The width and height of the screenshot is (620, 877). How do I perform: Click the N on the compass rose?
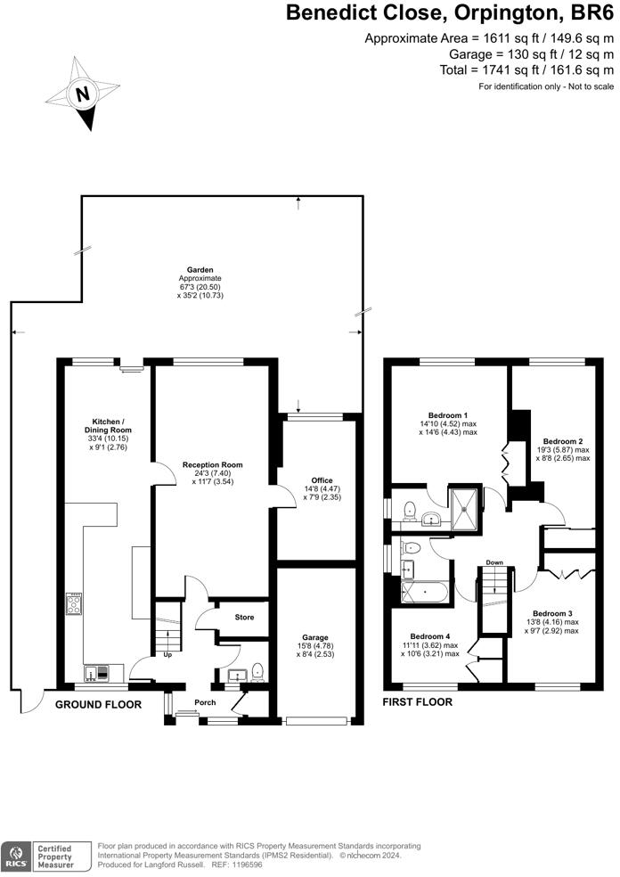83,94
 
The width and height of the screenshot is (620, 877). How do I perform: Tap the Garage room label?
315,637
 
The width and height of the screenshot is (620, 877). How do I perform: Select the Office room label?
322,480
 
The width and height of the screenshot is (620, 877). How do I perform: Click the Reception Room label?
212,464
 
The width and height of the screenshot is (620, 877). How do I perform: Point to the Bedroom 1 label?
448,415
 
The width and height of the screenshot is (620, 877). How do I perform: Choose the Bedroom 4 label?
430,636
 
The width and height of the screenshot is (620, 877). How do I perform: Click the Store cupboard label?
244,618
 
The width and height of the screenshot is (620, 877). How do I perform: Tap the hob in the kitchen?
74,603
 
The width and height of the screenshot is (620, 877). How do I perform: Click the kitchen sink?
97,674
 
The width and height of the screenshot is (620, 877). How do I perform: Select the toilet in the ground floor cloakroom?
257,672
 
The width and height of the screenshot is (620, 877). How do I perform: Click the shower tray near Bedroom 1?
465,508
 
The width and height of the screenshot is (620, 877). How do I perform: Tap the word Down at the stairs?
494,562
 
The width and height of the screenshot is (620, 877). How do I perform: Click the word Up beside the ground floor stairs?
167,654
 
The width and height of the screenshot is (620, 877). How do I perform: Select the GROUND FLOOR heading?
98,705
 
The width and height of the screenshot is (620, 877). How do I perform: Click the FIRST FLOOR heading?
417,702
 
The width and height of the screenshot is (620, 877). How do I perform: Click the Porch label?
205,702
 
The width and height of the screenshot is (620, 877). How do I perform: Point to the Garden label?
200,270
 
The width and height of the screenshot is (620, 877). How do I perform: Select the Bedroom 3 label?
552,613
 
